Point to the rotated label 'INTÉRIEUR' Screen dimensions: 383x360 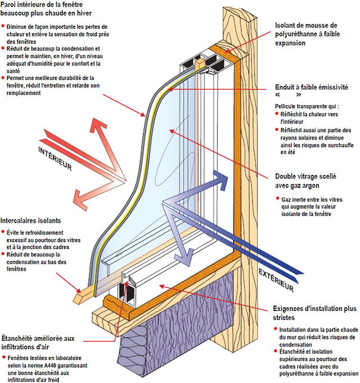pos(55,159)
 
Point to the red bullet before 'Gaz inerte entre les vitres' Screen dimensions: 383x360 pos(277,199)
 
